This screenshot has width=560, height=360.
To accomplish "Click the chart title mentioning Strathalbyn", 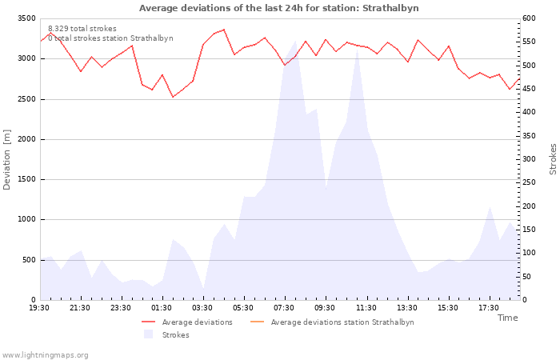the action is (278, 8).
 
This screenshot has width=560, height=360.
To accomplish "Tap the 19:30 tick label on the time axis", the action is (39, 308).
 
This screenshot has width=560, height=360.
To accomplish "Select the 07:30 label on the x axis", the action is (284, 308).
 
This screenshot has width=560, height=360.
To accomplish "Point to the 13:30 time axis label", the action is (407, 308).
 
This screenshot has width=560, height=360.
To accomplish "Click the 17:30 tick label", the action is (489, 308).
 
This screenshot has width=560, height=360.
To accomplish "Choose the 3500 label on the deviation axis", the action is (26, 18).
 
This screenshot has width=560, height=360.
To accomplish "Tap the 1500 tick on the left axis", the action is (26, 179).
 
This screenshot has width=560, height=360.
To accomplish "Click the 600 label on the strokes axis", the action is (529, 18).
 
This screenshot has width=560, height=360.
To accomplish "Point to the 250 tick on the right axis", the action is (529, 182).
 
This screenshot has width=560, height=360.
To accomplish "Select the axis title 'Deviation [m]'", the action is (6, 160).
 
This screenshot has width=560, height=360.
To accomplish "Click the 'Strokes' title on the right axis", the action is (553, 159).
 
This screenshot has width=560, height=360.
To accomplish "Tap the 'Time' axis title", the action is (507, 318).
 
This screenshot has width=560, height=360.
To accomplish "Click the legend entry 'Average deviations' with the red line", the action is (186, 322).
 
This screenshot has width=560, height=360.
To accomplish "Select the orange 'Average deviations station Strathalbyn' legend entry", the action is (332, 322).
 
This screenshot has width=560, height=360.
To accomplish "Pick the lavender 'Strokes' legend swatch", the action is (148, 334).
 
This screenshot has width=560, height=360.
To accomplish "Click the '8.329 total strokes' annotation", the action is (82, 29).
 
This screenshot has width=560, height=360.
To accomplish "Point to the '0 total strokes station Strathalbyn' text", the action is (110, 38).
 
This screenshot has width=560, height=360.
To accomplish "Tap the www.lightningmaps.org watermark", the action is (45, 355).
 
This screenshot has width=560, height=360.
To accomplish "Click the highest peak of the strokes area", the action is (296, 41).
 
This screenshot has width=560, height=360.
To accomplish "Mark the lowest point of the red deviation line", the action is (174, 97).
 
